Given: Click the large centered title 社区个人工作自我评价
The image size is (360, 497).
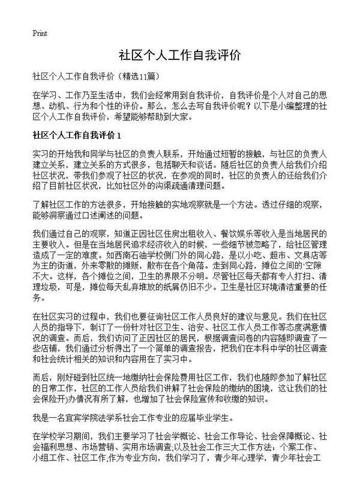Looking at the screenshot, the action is (179, 55).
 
